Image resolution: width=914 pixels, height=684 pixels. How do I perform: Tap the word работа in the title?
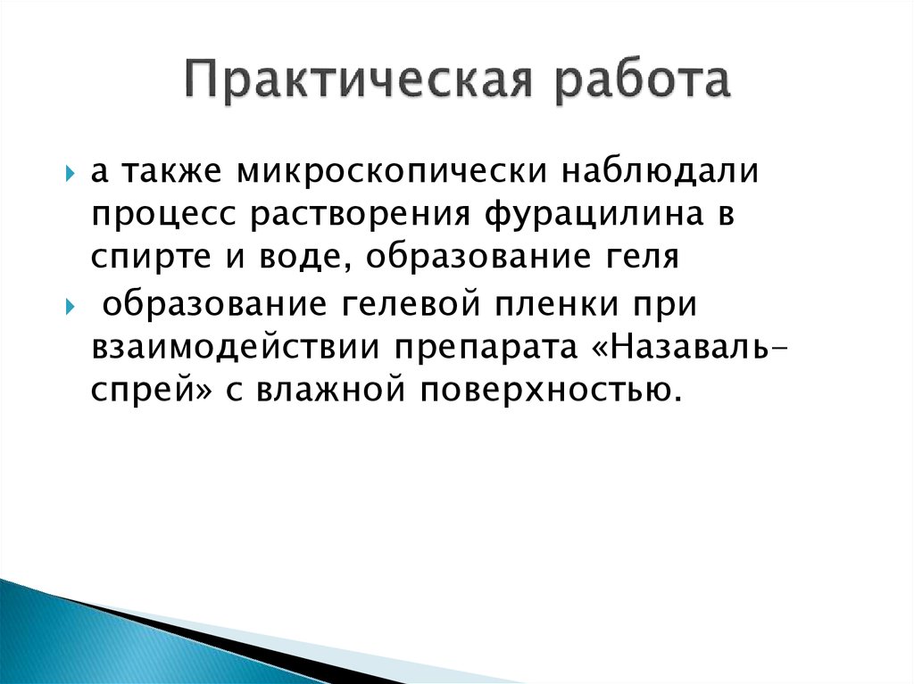point(642,81)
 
